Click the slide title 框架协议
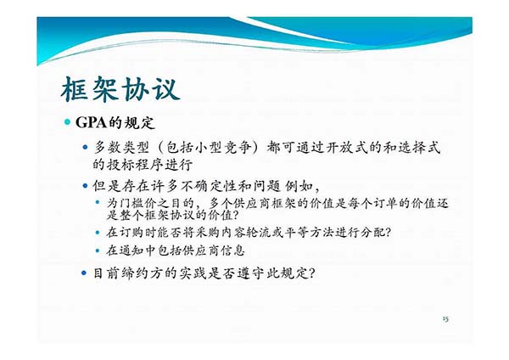point(120,89)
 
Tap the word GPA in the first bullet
point(92,122)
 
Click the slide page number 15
point(445,318)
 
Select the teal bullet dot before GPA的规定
point(68,122)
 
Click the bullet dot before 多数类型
point(85,147)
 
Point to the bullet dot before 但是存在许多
point(85,186)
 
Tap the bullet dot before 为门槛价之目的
point(98,202)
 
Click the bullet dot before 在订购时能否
point(98,233)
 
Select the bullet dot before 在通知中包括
point(98,250)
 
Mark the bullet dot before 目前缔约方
point(84,273)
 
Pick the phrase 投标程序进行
point(150,165)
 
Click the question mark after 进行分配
point(388,233)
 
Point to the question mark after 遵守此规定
point(310,273)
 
